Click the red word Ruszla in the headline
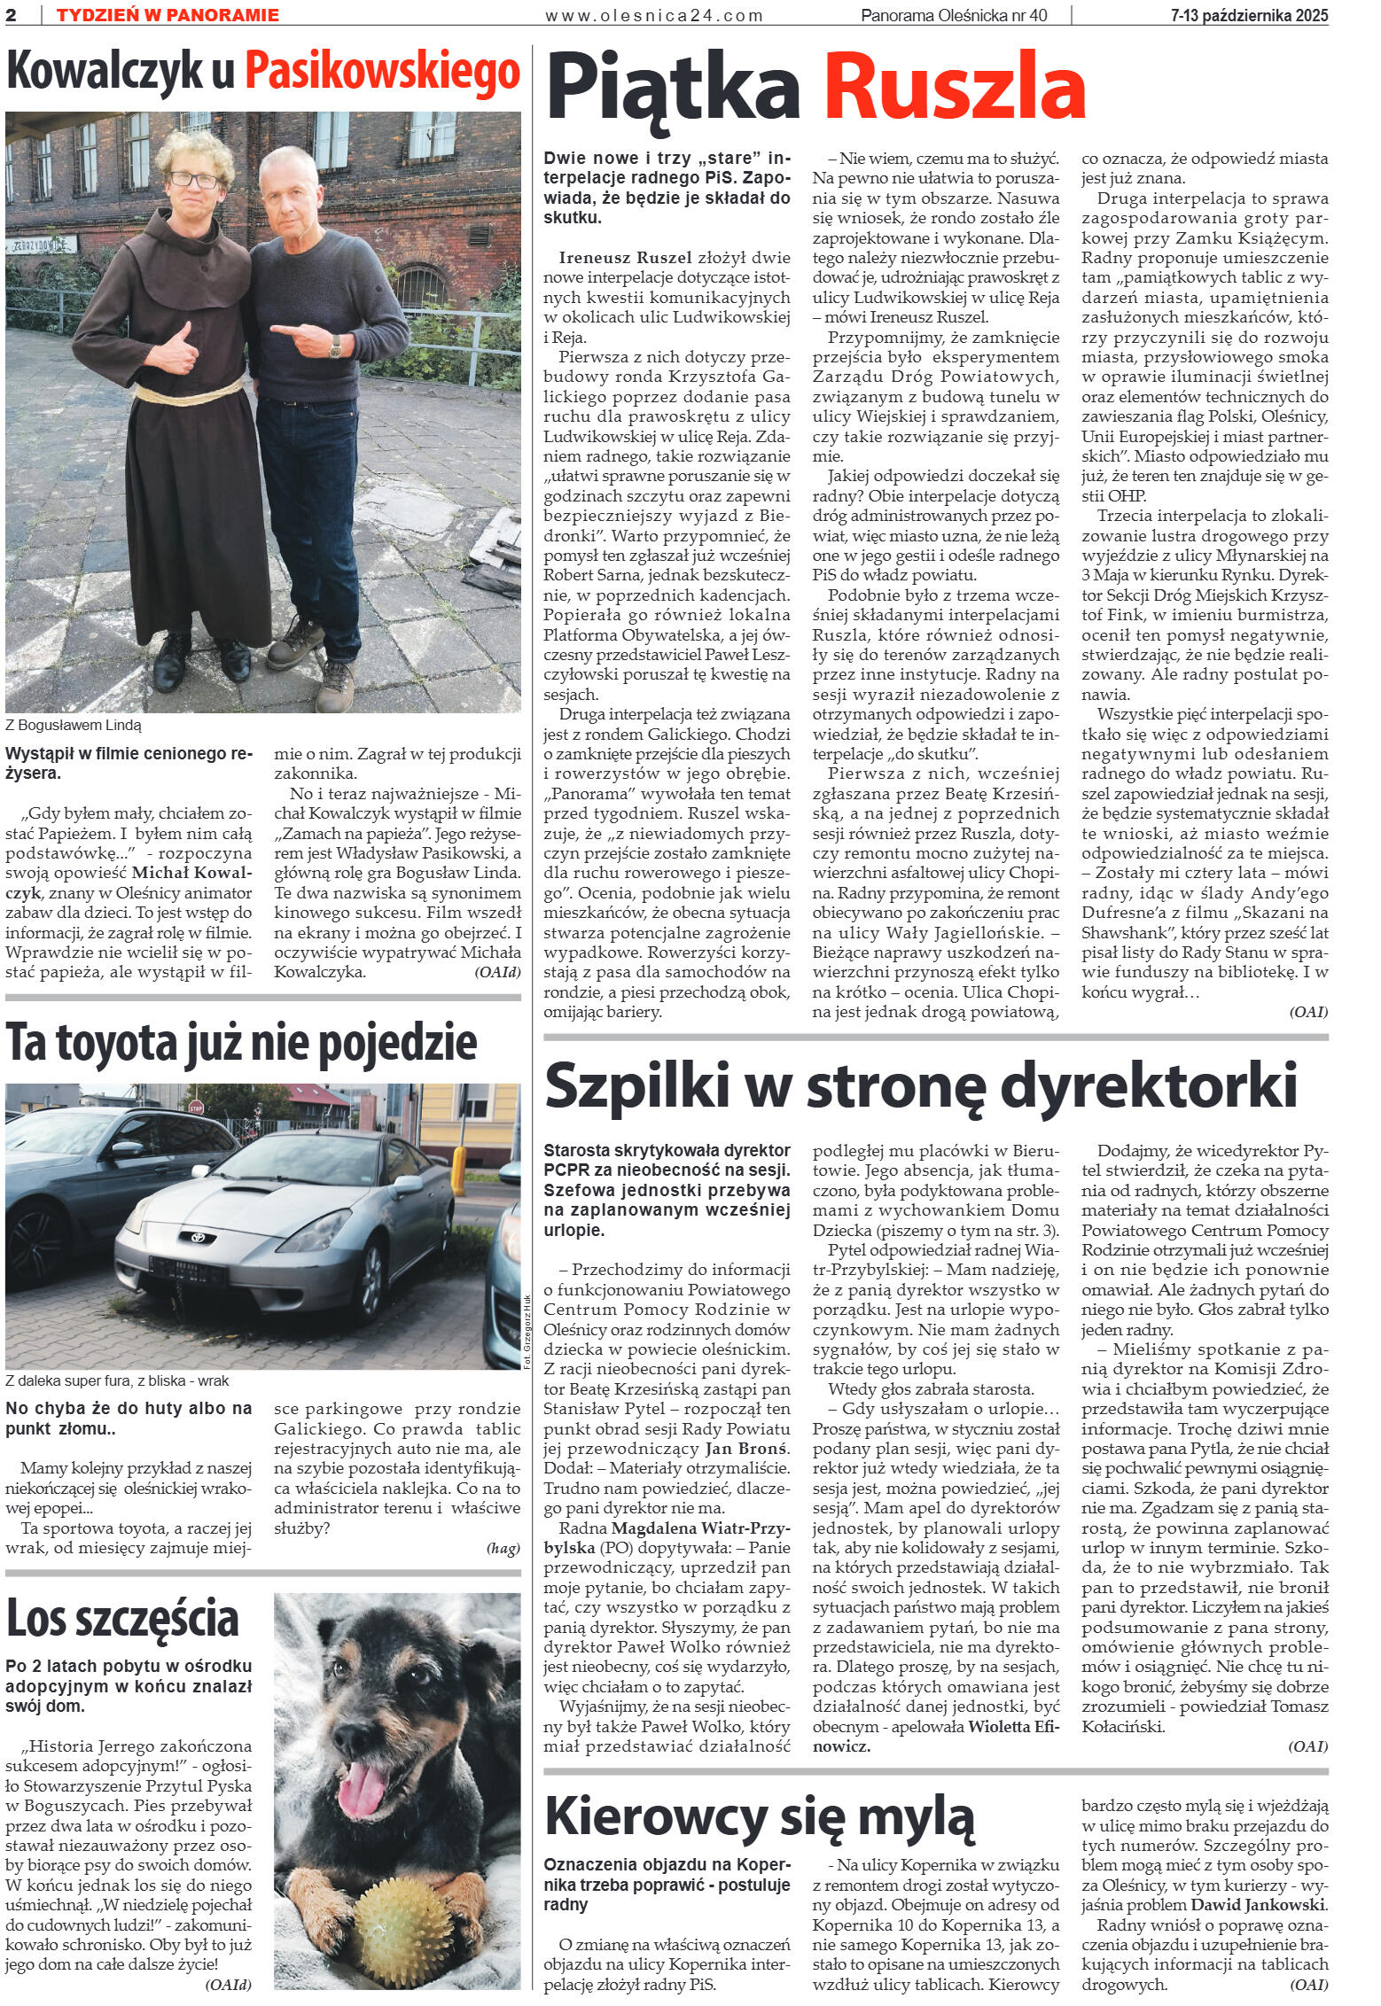pos(955,89)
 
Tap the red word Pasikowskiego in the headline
pos(382,73)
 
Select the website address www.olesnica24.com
pos(654,15)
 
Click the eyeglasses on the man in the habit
pos(193,180)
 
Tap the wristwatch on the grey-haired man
pos(335,348)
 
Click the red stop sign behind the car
pos(198,1107)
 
